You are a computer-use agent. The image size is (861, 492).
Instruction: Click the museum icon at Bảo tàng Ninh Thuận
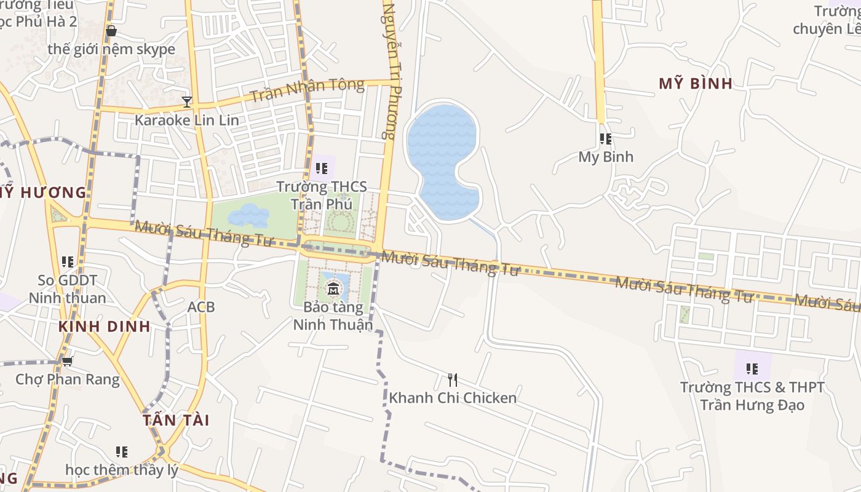pos(333,288)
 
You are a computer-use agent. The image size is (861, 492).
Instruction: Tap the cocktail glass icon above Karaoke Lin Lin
pos(187,101)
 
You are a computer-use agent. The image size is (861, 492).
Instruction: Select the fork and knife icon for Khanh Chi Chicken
pos(453,379)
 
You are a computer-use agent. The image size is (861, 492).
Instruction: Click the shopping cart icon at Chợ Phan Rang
pos(68,361)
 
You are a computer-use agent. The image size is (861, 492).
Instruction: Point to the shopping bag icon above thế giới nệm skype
pos(111,30)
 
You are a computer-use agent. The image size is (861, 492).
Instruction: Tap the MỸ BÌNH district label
pos(696,84)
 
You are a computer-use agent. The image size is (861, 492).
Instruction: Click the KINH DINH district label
pos(105,327)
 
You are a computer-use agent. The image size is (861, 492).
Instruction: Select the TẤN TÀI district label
pos(176,420)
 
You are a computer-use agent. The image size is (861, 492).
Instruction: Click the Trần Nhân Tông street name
pos(307,91)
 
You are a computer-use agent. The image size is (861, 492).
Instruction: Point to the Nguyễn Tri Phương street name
pos(390,71)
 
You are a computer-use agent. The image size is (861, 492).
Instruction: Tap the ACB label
pos(201,306)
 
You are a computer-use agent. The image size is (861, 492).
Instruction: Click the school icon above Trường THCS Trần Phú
pos(321,168)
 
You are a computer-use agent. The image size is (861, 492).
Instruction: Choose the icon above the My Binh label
pos(606,139)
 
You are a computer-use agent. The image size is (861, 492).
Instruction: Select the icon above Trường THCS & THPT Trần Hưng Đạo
pos(752,369)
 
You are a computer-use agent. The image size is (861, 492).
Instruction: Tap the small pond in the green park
pos(248,215)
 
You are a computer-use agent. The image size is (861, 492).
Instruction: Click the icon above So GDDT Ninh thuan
pos(68,262)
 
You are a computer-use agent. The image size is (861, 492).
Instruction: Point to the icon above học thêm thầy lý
pos(122,452)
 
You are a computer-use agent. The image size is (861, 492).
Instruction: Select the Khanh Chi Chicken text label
pos(453,398)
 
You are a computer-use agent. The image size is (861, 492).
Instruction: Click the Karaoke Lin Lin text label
pos(186,120)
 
